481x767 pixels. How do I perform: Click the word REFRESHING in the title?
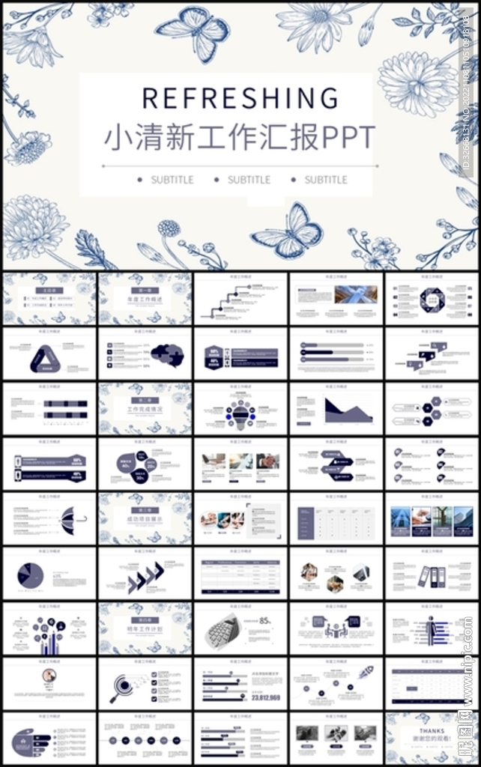pos(240,98)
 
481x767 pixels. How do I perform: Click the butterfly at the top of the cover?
pos(193,34)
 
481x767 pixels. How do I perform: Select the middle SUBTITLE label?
pos(249,180)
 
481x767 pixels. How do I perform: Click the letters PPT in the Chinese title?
pos(348,138)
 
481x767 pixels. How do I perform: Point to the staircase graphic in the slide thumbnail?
pos(225,301)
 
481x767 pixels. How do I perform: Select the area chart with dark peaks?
pos(348,410)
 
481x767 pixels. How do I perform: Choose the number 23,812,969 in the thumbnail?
pos(266,697)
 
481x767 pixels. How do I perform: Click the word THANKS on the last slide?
pos(432,730)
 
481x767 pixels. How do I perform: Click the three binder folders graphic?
pos(432,575)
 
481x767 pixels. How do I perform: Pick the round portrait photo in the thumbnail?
pos(49,675)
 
